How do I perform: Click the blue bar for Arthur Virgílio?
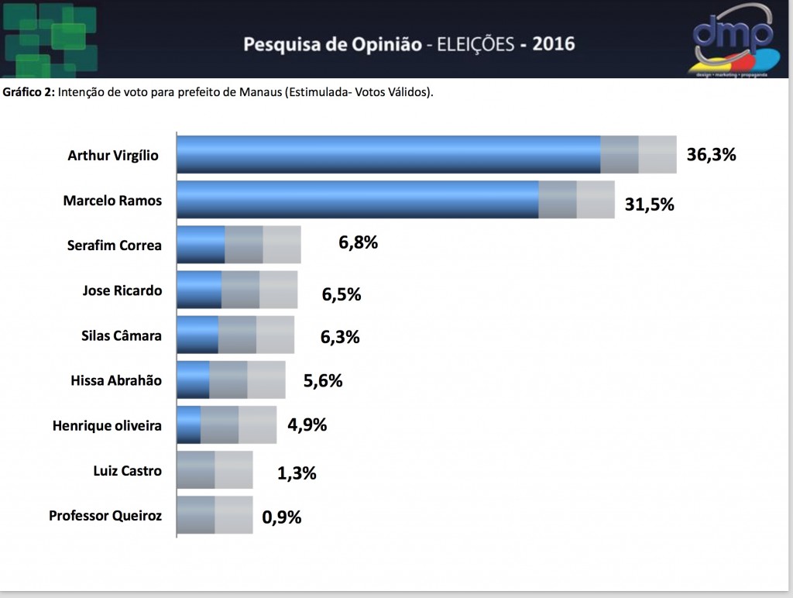coord(389,154)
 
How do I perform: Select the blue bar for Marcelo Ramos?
coord(358,199)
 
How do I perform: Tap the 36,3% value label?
coord(711,154)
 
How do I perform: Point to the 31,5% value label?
coord(650,204)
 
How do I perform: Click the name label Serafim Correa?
coord(115,246)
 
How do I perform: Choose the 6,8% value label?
coord(358,242)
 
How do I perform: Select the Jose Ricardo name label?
coord(122,290)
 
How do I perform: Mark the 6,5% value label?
coord(342,294)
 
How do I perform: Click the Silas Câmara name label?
coord(122,335)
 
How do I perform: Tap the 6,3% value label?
coord(340,337)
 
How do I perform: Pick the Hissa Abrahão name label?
coord(116,380)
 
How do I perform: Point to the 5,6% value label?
coord(323,380)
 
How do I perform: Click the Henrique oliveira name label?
coord(107,425)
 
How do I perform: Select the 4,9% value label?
coord(307,424)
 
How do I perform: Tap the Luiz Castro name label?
coord(128,470)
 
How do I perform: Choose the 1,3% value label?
coord(297,473)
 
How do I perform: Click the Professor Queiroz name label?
coord(105,516)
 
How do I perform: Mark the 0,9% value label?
coord(282,517)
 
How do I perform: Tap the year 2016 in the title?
coord(554,44)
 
